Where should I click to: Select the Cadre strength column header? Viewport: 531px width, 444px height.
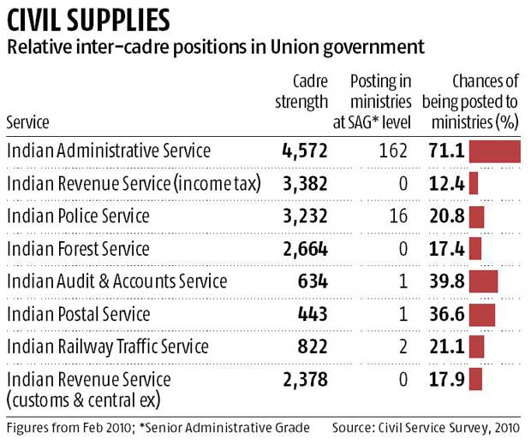[301, 92]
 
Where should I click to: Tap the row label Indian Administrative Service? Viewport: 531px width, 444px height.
[108, 151]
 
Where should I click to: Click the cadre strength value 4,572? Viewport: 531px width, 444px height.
[305, 151]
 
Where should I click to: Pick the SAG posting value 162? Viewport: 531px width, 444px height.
[394, 151]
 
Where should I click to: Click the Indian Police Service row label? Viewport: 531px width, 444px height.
[78, 216]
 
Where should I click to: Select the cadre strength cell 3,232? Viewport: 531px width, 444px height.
[305, 216]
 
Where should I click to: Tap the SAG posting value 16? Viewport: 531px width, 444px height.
[398, 216]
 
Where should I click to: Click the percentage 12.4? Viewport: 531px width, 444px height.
[447, 184]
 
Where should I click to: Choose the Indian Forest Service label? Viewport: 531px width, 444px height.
[78, 249]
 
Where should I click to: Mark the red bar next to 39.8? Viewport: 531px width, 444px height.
[484, 281]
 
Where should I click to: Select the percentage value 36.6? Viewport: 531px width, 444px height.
[447, 314]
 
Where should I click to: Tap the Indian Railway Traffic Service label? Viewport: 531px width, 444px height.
[107, 346]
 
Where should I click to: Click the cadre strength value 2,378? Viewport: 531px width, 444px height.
[305, 380]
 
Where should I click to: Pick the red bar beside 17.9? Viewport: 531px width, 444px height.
[475, 380]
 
